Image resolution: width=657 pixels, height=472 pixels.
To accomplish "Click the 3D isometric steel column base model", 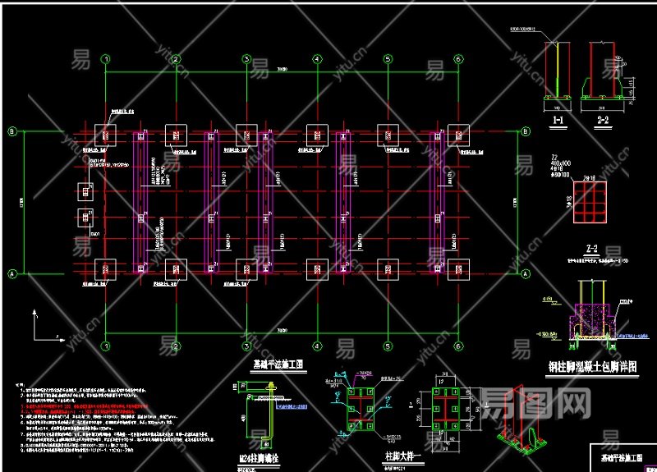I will (521, 423).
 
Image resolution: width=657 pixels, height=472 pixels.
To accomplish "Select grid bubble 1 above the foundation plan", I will (105, 59).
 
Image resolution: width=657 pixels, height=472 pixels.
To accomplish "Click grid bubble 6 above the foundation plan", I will (457, 59).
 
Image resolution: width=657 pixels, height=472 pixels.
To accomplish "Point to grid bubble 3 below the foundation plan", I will (246, 346).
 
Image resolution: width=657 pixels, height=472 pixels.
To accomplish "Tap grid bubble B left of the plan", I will (12, 131).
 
